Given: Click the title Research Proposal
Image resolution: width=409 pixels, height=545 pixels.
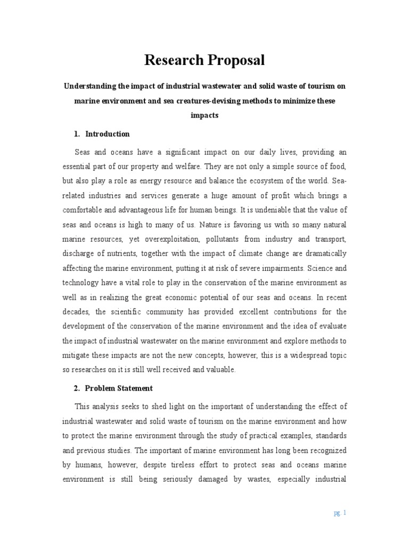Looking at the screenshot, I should pyautogui.click(x=204, y=61).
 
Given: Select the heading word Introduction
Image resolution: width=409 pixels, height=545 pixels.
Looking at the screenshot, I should pyautogui.click(x=108, y=134).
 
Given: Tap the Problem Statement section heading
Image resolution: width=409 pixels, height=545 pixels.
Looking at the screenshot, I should pyautogui.click(x=119, y=388).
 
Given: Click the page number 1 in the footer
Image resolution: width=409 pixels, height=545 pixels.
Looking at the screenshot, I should pyautogui.click(x=345, y=513).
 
